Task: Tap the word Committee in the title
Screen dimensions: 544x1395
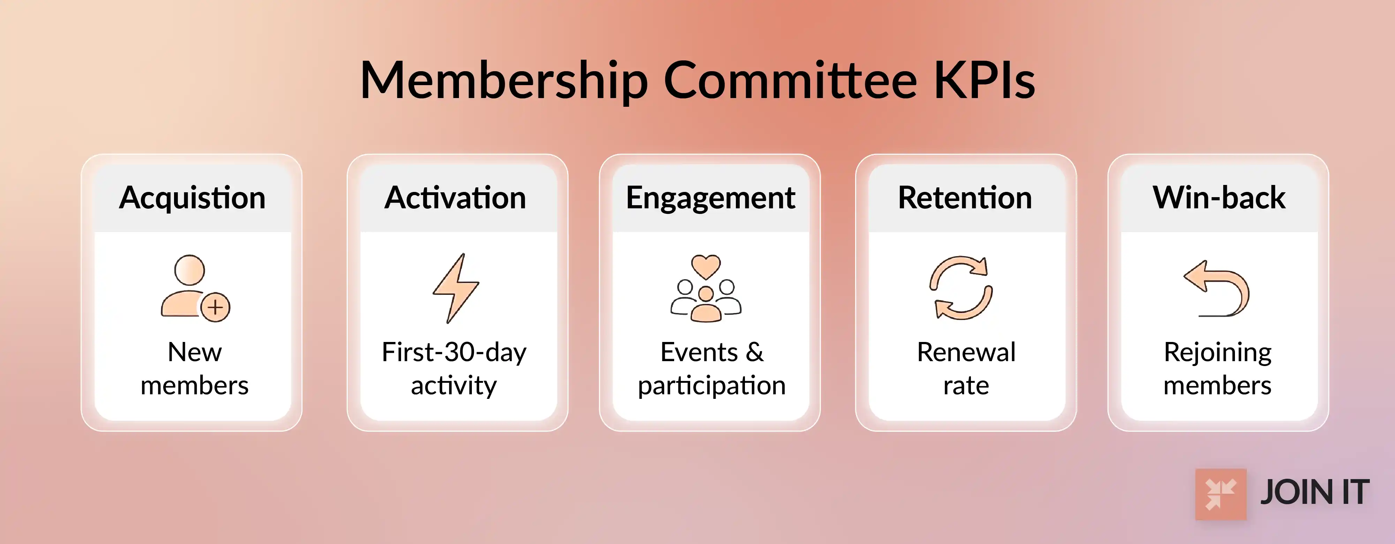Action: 790,81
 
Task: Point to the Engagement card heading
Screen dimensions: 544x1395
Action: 710,198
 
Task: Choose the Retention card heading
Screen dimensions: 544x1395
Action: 965,198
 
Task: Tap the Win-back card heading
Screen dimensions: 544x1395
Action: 1219,198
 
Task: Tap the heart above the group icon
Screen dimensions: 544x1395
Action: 706,266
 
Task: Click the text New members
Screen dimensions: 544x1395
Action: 194,368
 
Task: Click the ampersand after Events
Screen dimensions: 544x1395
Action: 754,352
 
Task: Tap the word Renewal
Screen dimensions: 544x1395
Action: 966,352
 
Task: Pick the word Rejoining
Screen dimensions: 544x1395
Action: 1217,352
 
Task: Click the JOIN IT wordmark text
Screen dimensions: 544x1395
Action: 1315,492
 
